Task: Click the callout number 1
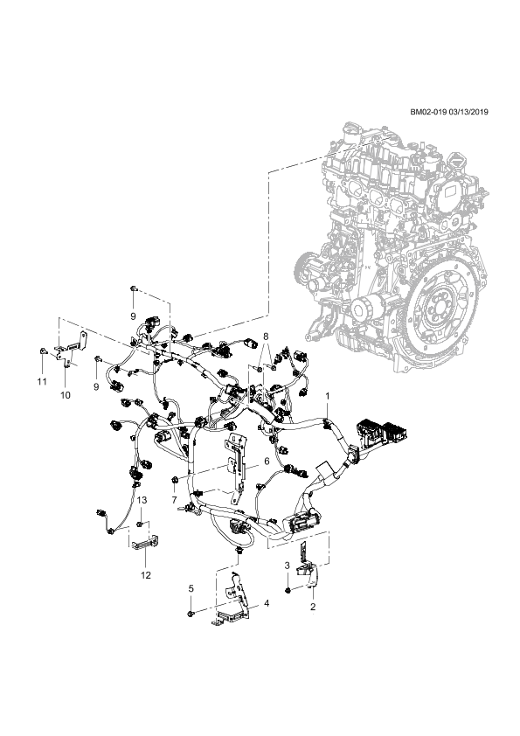[328, 397]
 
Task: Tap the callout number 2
[313, 607]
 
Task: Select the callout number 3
[288, 566]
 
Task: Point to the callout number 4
[267, 603]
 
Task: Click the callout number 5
[191, 588]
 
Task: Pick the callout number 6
[267, 462]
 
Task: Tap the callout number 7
[175, 500]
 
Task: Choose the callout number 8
[266, 336]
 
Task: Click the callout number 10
[66, 395]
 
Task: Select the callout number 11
[42, 382]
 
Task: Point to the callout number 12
[146, 575]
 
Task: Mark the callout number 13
[142, 500]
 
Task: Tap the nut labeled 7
[174, 479]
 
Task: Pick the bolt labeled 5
[190, 614]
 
